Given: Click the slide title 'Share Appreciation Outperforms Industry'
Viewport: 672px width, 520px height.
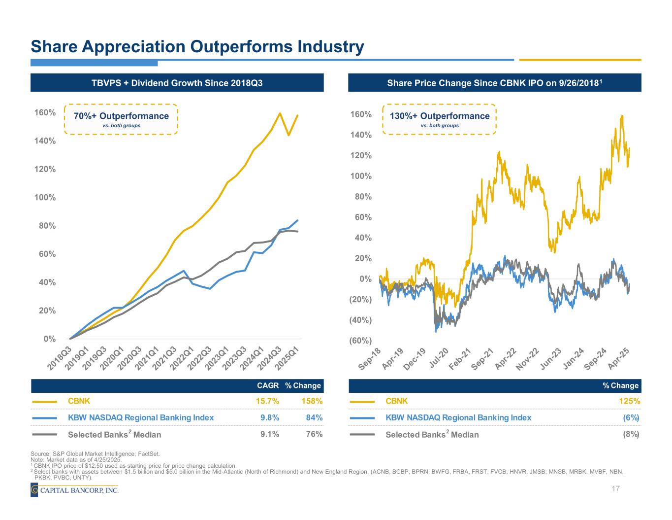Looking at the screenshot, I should tap(197, 47).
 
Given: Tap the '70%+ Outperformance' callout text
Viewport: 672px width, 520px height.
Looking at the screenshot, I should tap(121, 116).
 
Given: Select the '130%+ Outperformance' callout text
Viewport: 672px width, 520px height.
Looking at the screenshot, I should tap(440, 116).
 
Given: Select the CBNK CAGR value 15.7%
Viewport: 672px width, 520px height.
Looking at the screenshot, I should tap(267, 401).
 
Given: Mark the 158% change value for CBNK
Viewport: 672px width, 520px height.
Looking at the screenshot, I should tap(312, 401).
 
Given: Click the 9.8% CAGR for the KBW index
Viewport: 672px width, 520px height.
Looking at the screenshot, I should tap(269, 418).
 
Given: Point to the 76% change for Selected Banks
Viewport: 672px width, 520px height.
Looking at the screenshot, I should tap(314, 434).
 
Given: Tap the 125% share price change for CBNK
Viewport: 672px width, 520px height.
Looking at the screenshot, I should tap(630, 401).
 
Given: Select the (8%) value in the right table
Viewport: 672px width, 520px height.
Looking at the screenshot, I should tap(631, 434).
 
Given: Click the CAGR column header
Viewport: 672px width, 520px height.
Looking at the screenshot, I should tap(268, 385).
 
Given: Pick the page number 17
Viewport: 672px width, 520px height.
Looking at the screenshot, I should tap(615, 489).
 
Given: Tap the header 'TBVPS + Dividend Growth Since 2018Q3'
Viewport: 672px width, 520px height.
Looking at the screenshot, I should tap(177, 83).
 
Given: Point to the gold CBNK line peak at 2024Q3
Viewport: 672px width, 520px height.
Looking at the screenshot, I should tap(280, 113).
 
